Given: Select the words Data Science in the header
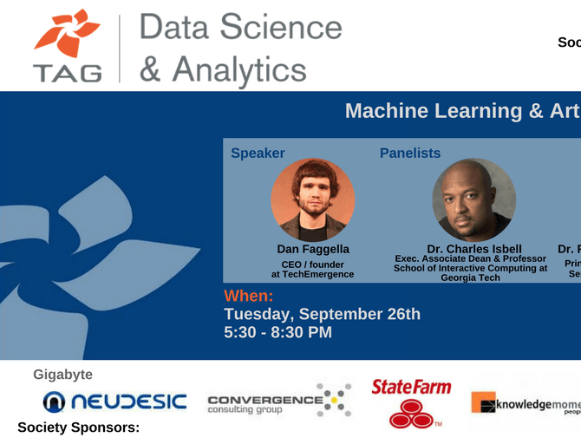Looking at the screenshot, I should (241, 28).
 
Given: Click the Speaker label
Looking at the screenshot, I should (258, 153).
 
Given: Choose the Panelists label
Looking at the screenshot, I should (410, 153).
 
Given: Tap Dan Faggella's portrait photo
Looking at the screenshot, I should (312, 199).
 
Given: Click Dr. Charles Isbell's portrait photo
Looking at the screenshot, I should (473, 199).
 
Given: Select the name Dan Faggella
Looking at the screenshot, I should (312, 250).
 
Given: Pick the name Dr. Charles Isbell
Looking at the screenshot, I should (473, 250).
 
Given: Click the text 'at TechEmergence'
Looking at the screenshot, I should (312, 275).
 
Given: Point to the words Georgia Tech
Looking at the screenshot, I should (470, 278).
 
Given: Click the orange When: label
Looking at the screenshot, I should (248, 296).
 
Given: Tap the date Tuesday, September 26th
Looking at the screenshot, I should (322, 314).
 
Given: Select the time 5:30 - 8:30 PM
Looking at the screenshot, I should (277, 332).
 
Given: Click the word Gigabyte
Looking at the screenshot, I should (62, 375).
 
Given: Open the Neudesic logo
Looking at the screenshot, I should (114, 402).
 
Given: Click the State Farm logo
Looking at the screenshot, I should (411, 402).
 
